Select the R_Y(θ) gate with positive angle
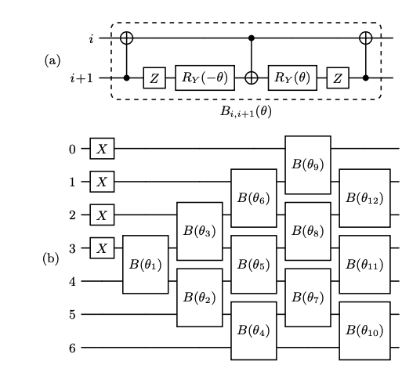pos(292,78)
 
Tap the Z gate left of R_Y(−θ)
pos(153,78)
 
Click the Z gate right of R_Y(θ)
pos(338,78)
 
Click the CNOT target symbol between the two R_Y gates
pos(252,78)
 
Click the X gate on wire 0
pos(100,148)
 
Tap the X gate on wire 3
pos(100,248)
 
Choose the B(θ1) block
pos(146,264)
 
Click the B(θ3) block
pos(200,231)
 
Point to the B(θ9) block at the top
pos(307,164)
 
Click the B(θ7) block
pos(307,297)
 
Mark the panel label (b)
pos(51,257)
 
